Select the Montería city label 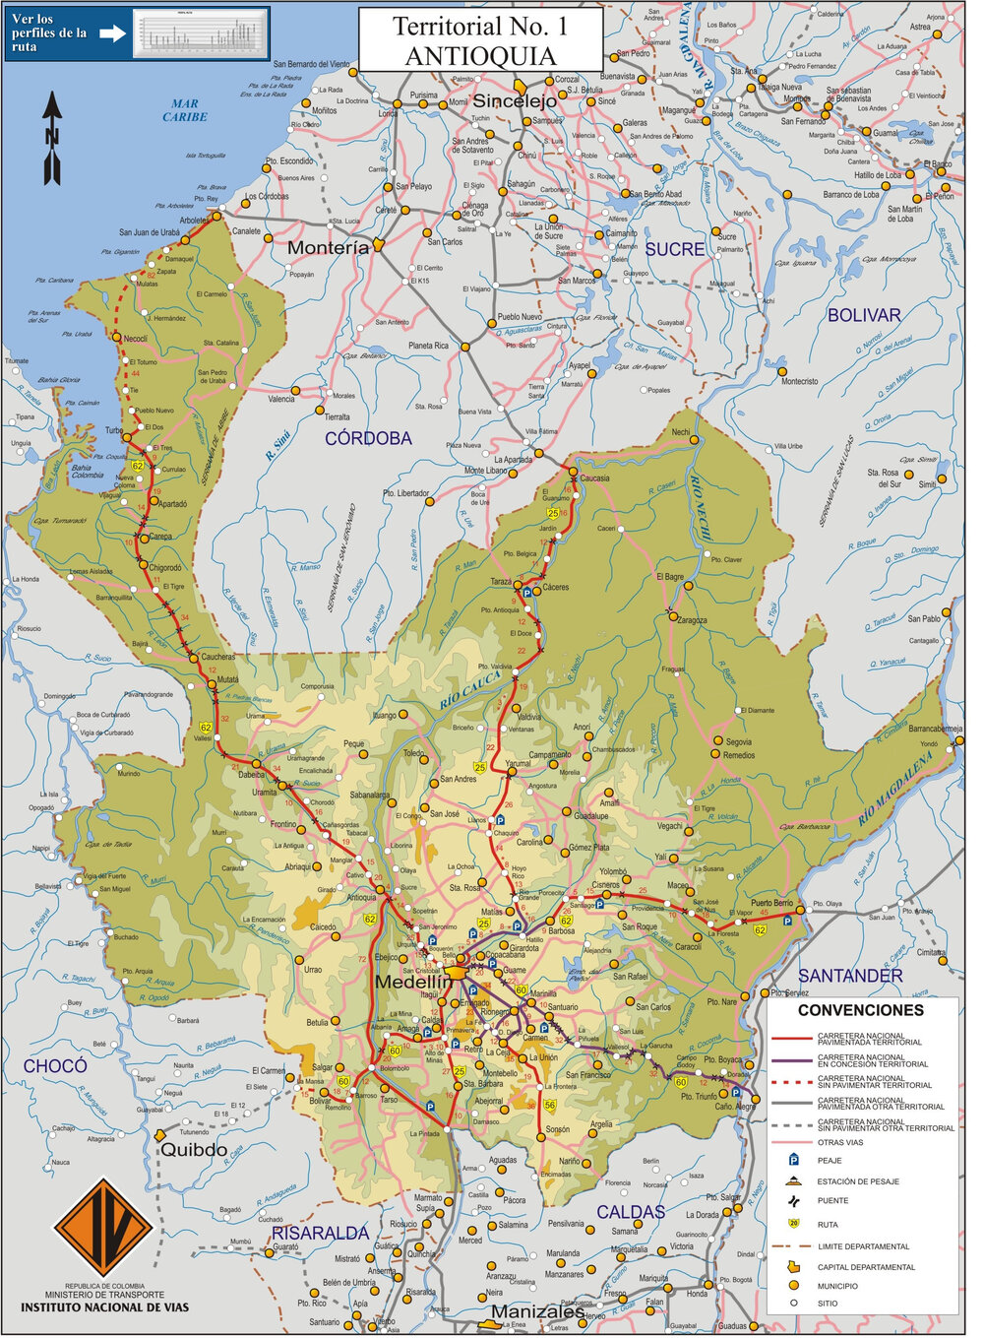(328, 248)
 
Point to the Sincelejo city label (515, 100)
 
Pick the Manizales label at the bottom (536, 1311)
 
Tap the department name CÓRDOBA (368, 438)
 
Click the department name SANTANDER (850, 976)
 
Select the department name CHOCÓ (55, 1066)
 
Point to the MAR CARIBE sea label (185, 110)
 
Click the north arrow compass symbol (51, 138)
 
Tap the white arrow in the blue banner (113, 33)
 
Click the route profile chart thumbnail (201, 33)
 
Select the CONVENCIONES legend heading (860, 1010)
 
